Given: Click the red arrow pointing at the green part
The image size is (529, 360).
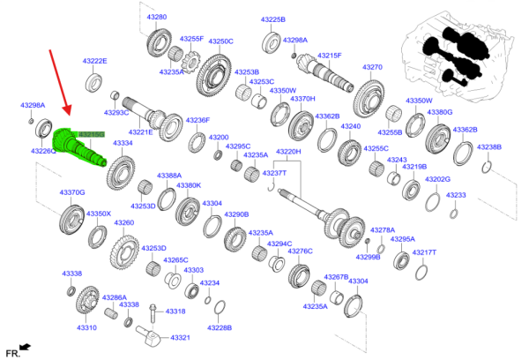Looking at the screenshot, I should point(59,84).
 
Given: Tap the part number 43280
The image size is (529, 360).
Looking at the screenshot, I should point(158,17).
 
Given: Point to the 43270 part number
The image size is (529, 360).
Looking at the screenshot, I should point(372,67).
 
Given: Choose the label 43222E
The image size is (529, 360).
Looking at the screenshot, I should point(93,61).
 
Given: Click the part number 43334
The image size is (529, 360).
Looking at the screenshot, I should point(123,143).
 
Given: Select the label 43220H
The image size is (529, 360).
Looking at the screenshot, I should point(288,152).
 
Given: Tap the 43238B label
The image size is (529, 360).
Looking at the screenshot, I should point(488,146).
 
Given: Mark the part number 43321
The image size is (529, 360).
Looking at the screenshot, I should point(180,338).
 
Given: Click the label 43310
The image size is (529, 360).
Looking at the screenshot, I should point(86,327).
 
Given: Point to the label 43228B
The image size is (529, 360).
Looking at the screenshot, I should point(219,327).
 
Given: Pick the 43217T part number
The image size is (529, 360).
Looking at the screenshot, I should point(424,252).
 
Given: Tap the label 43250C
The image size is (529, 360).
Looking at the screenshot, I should point(220,41).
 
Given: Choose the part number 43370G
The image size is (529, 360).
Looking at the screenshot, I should point(72,191).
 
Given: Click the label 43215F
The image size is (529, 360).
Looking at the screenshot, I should point(329,55).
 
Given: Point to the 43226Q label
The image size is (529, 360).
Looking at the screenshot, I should point(44,151).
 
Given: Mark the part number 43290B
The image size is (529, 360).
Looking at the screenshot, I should point(236,214).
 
